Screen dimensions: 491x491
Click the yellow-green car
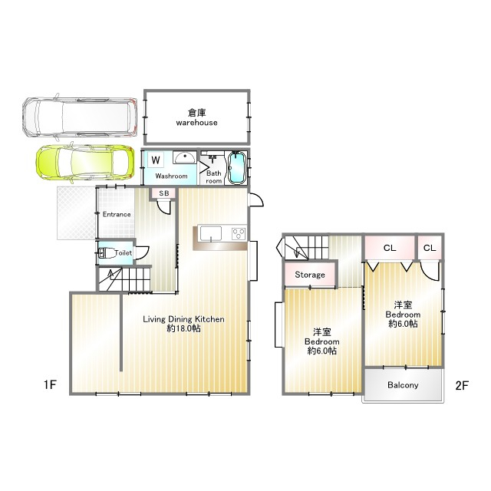click(x=85, y=163)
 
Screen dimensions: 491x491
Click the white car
click(x=80, y=117)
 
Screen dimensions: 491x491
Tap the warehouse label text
click(x=196, y=123)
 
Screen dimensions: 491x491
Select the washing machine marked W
click(x=156, y=160)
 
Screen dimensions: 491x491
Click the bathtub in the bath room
click(x=236, y=168)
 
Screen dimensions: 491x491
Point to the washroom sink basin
click(x=185, y=157)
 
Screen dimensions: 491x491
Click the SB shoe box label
click(x=164, y=193)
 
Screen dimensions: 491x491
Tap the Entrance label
click(x=117, y=215)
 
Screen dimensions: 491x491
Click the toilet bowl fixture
click(x=106, y=252)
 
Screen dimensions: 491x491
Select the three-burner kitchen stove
click(x=239, y=233)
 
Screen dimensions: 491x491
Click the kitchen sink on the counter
click(x=211, y=233)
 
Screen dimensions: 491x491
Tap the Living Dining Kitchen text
click(x=184, y=319)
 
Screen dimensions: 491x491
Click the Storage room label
click(x=310, y=275)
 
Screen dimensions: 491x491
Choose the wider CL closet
click(x=390, y=248)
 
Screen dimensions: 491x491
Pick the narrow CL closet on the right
click(x=430, y=248)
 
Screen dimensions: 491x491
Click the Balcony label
click(x=403, y=385)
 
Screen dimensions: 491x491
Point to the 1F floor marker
click(x=50, y=384)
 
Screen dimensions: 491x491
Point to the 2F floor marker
click(x=462, y=385)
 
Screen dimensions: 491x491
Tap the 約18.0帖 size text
click(x=184, y=328)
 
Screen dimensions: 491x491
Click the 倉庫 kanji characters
click(x=196, y=113)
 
